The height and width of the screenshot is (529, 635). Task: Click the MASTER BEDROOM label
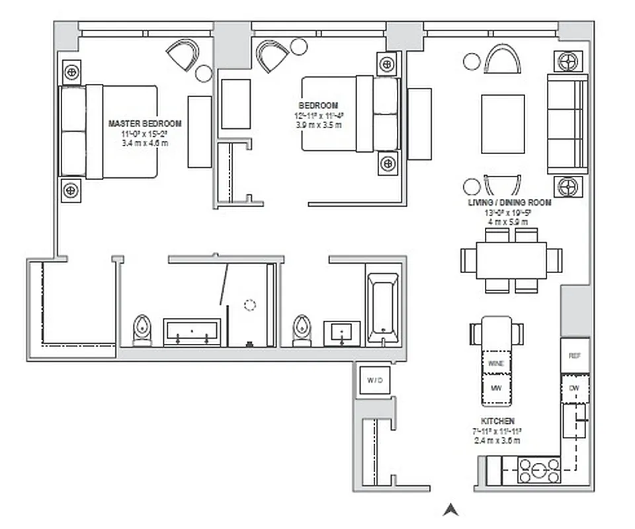pyautogui.click(x=144, y=124)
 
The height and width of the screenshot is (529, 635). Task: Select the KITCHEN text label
pyautogui.click(x=498, y=421)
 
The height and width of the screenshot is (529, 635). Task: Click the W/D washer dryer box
pyautogui.click(x=375, y=380)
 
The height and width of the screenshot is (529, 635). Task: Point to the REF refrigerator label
pyautogui.click(x=574, y=356)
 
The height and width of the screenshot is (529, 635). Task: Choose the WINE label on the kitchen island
pyautogui.click(x=496, y=363)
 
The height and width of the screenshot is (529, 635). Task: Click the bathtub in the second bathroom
pyautogui.click(x=383, y=307)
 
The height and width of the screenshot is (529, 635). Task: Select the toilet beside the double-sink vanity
pyautogui.click(x=142, y=330)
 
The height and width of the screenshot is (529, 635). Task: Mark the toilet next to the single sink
pyautogui.click(x=302, y=330)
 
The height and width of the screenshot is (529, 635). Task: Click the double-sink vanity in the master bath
pyautogui.click(x=192, y=332)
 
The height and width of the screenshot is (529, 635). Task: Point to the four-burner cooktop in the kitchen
pyautogui.click(x=539, y=471)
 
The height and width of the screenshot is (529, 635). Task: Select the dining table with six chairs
pyautogui.click(x=511, y=261)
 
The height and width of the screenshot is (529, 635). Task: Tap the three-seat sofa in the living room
pyautogui.click(x=567, y=124)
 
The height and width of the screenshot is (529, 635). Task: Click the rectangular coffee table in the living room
pyautogui.click(x=503, y=124)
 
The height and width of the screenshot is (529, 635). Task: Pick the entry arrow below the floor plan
pyautogui.click(x=451, y=509)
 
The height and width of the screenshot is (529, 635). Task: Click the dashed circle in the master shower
pyautogui.click(x=249, y=305)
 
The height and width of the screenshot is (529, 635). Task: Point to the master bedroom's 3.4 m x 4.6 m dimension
pyautogui.click(x=145, y=142)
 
